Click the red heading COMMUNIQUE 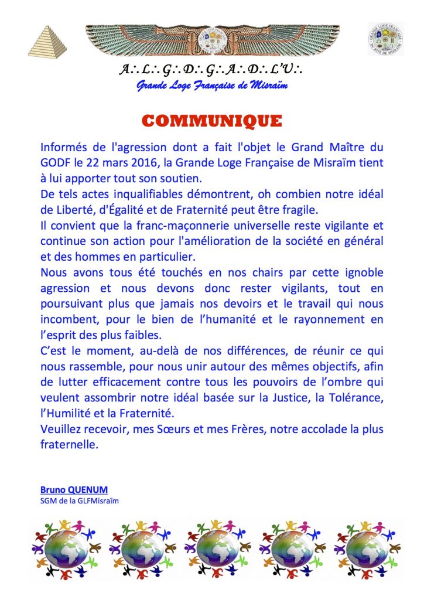211,121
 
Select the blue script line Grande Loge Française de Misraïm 211,87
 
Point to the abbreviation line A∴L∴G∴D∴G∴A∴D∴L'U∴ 211,71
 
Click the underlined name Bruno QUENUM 66,489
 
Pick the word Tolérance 355,398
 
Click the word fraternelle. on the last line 67,444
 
